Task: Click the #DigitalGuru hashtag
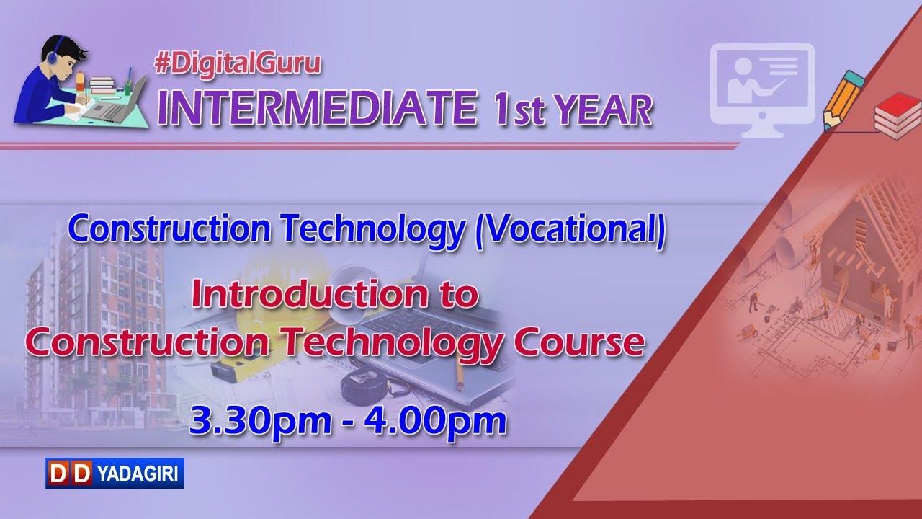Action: [238, 64]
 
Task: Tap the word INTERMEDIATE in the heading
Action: [318, 108]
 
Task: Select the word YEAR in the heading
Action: [602, 109]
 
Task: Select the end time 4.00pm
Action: [435, 420]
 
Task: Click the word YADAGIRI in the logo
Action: [138, 474]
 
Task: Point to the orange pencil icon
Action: [842, 99]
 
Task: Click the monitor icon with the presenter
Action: [762, 90]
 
